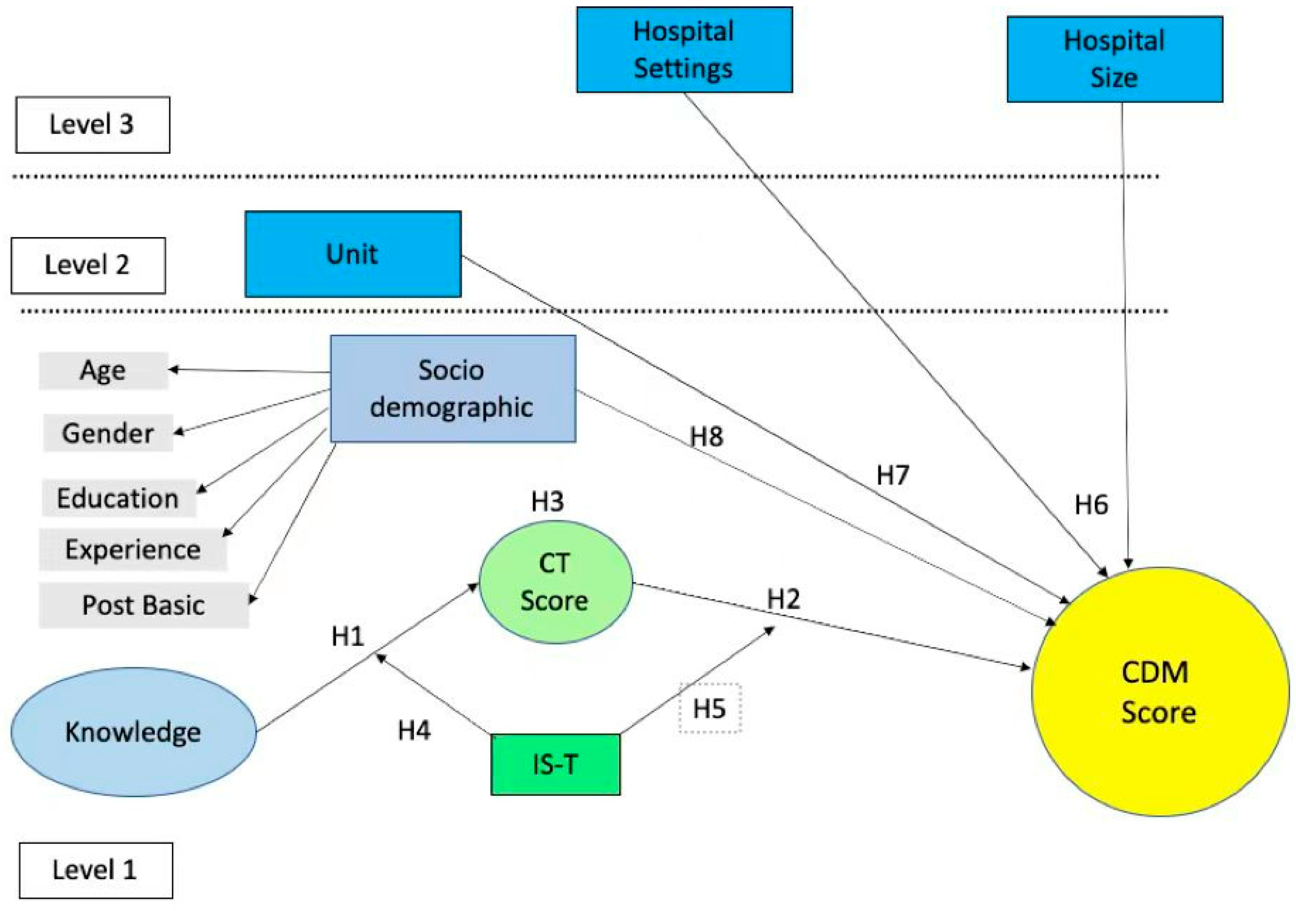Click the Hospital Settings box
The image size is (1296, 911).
(684, 50)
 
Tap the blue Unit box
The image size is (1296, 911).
(353, 254)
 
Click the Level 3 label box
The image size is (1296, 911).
(93, 125)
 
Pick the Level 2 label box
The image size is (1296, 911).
(88, 265)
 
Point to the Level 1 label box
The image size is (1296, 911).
(96, 870)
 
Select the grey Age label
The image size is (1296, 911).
(103, 371)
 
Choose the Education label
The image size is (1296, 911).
(118, 498)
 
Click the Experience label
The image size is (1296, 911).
(133, 549)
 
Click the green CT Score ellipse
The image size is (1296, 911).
(555, 582)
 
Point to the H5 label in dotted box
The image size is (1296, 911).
(710, 709)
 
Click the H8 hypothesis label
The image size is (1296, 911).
(706, 437)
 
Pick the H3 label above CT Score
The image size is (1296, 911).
(547, 501)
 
